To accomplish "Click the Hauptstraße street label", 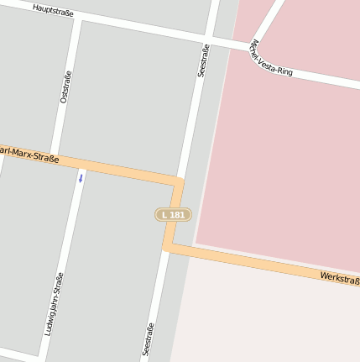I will click(54, 10).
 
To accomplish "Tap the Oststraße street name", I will click(65, 87).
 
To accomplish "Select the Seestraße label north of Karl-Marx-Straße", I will click(202, 61).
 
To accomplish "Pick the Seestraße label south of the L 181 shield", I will click(149, 338).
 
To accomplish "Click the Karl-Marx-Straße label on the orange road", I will click(30, 154).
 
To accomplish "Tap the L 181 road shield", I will click(173, 215).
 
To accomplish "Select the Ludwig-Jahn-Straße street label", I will click(55, 304).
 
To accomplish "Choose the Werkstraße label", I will click(339, 277).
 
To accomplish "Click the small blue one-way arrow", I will click(81, 178).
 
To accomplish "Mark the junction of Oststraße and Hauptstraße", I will click(77, 18).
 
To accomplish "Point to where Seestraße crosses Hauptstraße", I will click(211, 38).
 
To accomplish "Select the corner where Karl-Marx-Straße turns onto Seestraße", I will click(179, 181).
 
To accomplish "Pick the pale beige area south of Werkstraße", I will click(269, 319).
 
